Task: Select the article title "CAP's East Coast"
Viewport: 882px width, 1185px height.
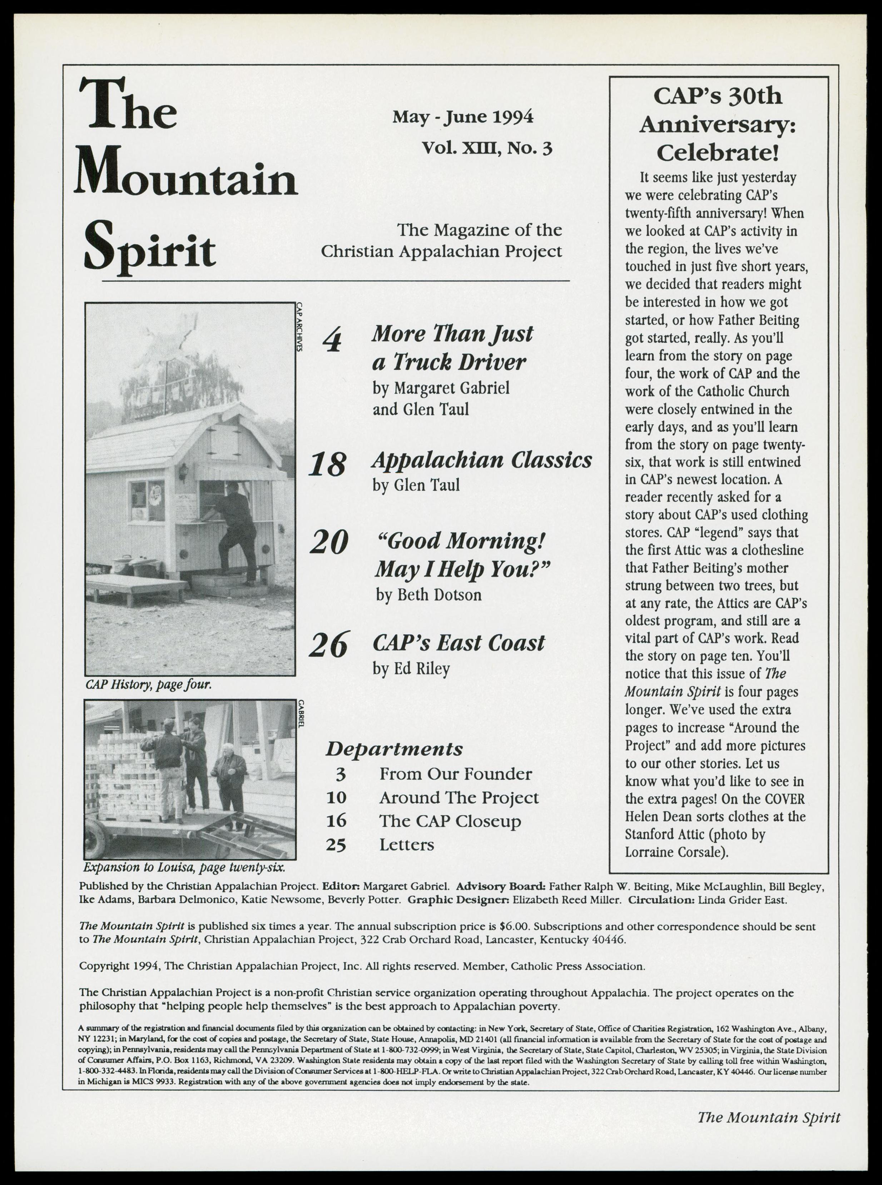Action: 458,643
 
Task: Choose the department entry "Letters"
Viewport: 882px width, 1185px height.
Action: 406,845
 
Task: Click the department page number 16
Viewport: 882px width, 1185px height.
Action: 336,821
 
